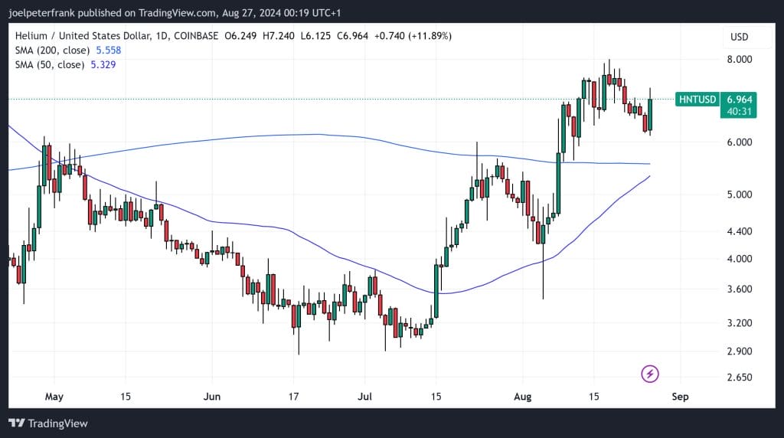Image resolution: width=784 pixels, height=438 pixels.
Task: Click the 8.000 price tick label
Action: [739, 60]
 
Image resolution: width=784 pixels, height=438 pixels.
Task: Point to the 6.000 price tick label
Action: [739, 142]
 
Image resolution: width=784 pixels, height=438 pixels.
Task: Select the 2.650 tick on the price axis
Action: [739, 378]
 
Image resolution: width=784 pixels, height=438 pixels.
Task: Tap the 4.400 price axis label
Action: [739, 231]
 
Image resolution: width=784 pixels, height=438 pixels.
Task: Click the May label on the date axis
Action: [53, 397]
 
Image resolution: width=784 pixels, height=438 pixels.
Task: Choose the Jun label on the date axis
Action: [212, 397]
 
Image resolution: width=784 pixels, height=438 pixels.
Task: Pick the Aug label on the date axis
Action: [522, 397]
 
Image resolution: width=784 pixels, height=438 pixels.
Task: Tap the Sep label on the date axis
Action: [680, 397]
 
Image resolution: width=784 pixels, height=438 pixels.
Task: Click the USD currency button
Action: [739, 37]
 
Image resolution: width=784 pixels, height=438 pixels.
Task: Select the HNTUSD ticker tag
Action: [697, 100]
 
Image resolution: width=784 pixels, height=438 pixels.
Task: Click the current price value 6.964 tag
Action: [740, 100]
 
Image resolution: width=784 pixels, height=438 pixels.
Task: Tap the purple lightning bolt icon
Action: [650, 374]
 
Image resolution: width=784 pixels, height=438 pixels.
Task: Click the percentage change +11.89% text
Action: [430, 36]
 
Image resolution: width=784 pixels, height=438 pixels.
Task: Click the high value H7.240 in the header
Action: [278, 36]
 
